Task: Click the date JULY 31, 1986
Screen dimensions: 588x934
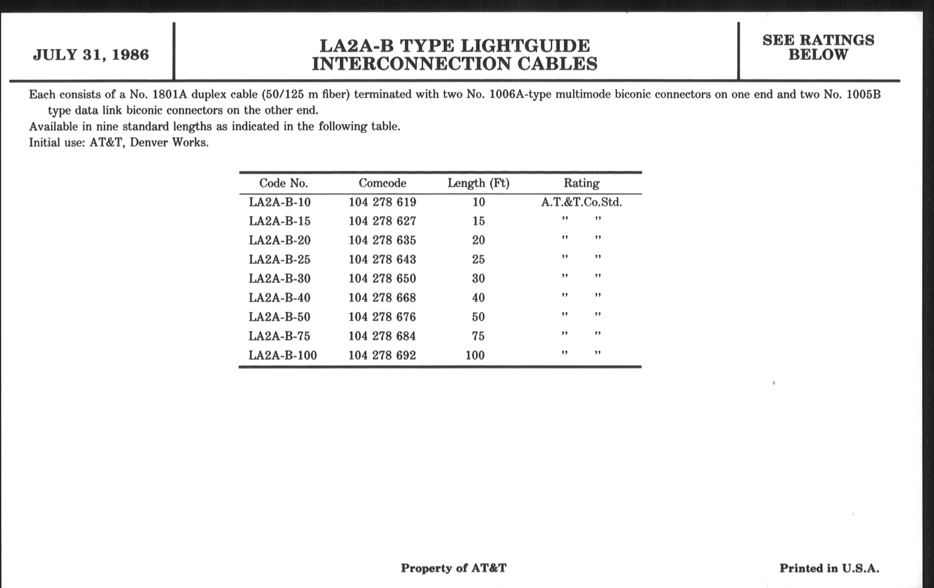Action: [91, 55]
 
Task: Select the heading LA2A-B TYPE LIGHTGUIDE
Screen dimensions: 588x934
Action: [455, 46]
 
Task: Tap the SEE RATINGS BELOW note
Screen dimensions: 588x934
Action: [818, 47]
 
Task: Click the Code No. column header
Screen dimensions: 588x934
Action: [283, 183]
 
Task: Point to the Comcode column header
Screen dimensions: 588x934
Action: [383, 183]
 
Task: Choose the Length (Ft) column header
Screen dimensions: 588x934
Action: [478, 183]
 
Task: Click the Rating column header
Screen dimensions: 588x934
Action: [581, 183]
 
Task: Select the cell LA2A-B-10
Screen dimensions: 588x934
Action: [280, 202]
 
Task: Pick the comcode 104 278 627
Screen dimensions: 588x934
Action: [383, 221]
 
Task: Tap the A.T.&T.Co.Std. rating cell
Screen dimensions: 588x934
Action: [581, 202]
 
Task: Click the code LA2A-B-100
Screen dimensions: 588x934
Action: [282, 355]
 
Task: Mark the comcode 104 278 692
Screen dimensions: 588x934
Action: [382, 355]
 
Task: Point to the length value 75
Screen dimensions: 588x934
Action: [478, 336]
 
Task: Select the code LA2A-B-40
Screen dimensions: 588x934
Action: [280, 298]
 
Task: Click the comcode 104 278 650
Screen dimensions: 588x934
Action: [382, 278]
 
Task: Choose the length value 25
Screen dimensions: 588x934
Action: [478, 259]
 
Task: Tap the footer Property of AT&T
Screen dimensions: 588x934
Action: [454, 568]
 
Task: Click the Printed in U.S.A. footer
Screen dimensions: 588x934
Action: [829, 568]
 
